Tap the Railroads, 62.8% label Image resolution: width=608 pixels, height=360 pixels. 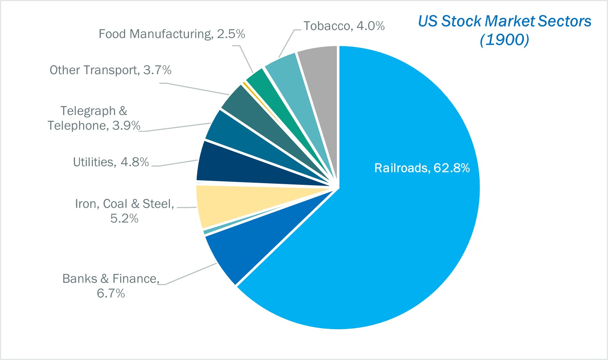[x=422, y=168]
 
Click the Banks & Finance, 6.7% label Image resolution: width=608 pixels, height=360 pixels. [x=111, y=286]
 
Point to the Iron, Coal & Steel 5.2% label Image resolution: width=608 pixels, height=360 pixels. [x=124, y=211]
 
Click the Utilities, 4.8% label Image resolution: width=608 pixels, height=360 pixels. [x=111, y=162]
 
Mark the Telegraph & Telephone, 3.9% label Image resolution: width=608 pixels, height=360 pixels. [x=94, y=118]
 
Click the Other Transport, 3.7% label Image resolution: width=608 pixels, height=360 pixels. [x=110, y=70]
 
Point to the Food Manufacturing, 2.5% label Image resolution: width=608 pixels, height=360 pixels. [x=172, y=34]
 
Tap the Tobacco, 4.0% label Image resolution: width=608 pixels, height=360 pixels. [x=344, y=26]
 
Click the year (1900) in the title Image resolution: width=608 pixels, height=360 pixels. [x=504, y=39]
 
